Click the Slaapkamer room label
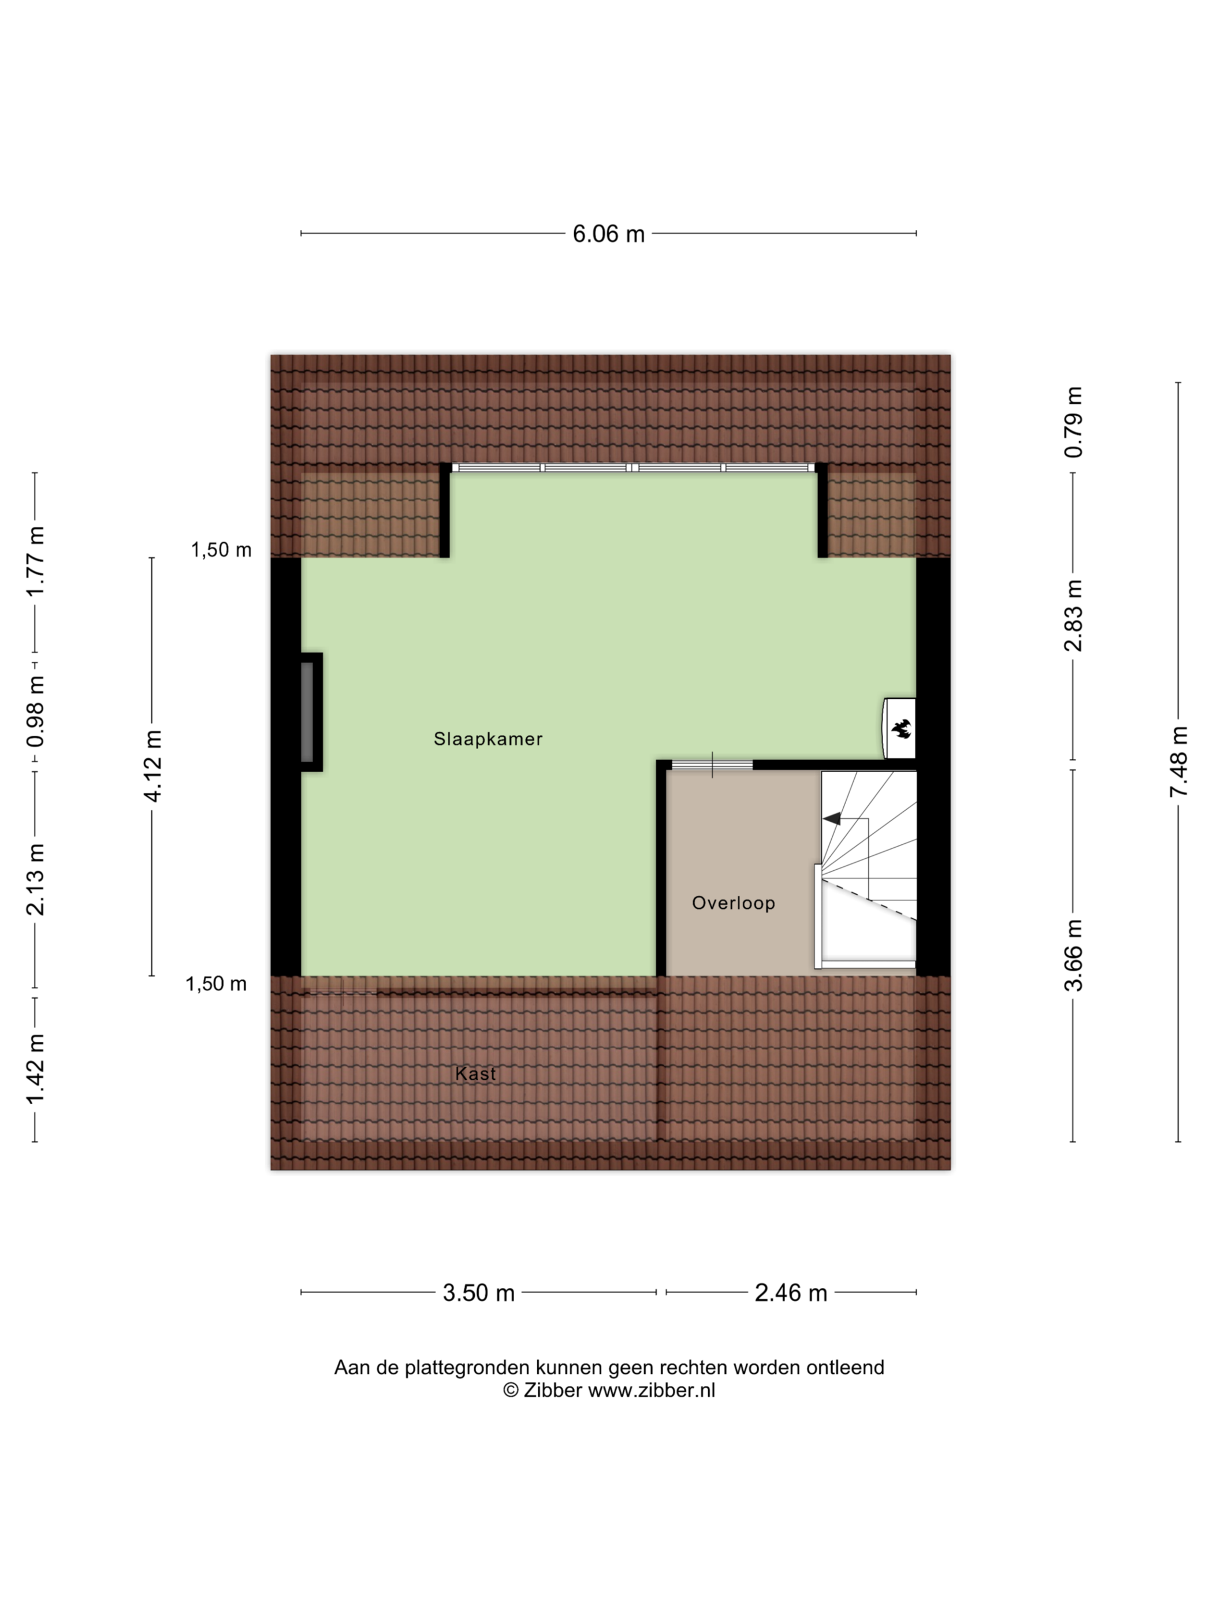tap(488, 739)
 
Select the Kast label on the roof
tap(475, 1073)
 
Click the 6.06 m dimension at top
tap(608, 234)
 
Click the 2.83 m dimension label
tap(1073, 615)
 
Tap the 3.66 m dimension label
tap(1073, 955)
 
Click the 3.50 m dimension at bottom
tap(479, 1293)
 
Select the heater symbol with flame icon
tap(899, 729)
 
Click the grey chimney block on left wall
tap(307, 711)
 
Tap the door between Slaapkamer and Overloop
tap(712, 765)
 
